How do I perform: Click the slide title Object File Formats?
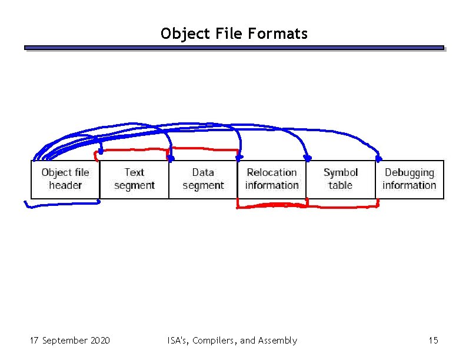(x=234, y=34)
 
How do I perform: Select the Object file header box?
(x=65, y=179)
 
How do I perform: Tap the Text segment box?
(x=134, y=179)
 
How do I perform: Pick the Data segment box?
(x=203, y=179)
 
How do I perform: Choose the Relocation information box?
(x=272, y=179)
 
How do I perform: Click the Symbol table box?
(x=341, y=179)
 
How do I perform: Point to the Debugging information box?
(x=410, y=179)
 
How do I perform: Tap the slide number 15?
(x=433, y=340)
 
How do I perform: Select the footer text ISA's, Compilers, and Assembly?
(x=232, y=340)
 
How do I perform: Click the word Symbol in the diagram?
(x=341, y=172)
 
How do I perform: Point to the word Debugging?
(x=410, y=172)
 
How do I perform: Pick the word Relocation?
(x=272, y=172)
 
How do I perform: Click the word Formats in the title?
(x=278, y=34)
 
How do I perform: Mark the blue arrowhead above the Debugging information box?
(x=378, y=158)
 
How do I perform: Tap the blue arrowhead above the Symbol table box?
(x=307, y=158)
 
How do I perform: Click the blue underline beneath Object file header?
(x=62, y=205)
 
